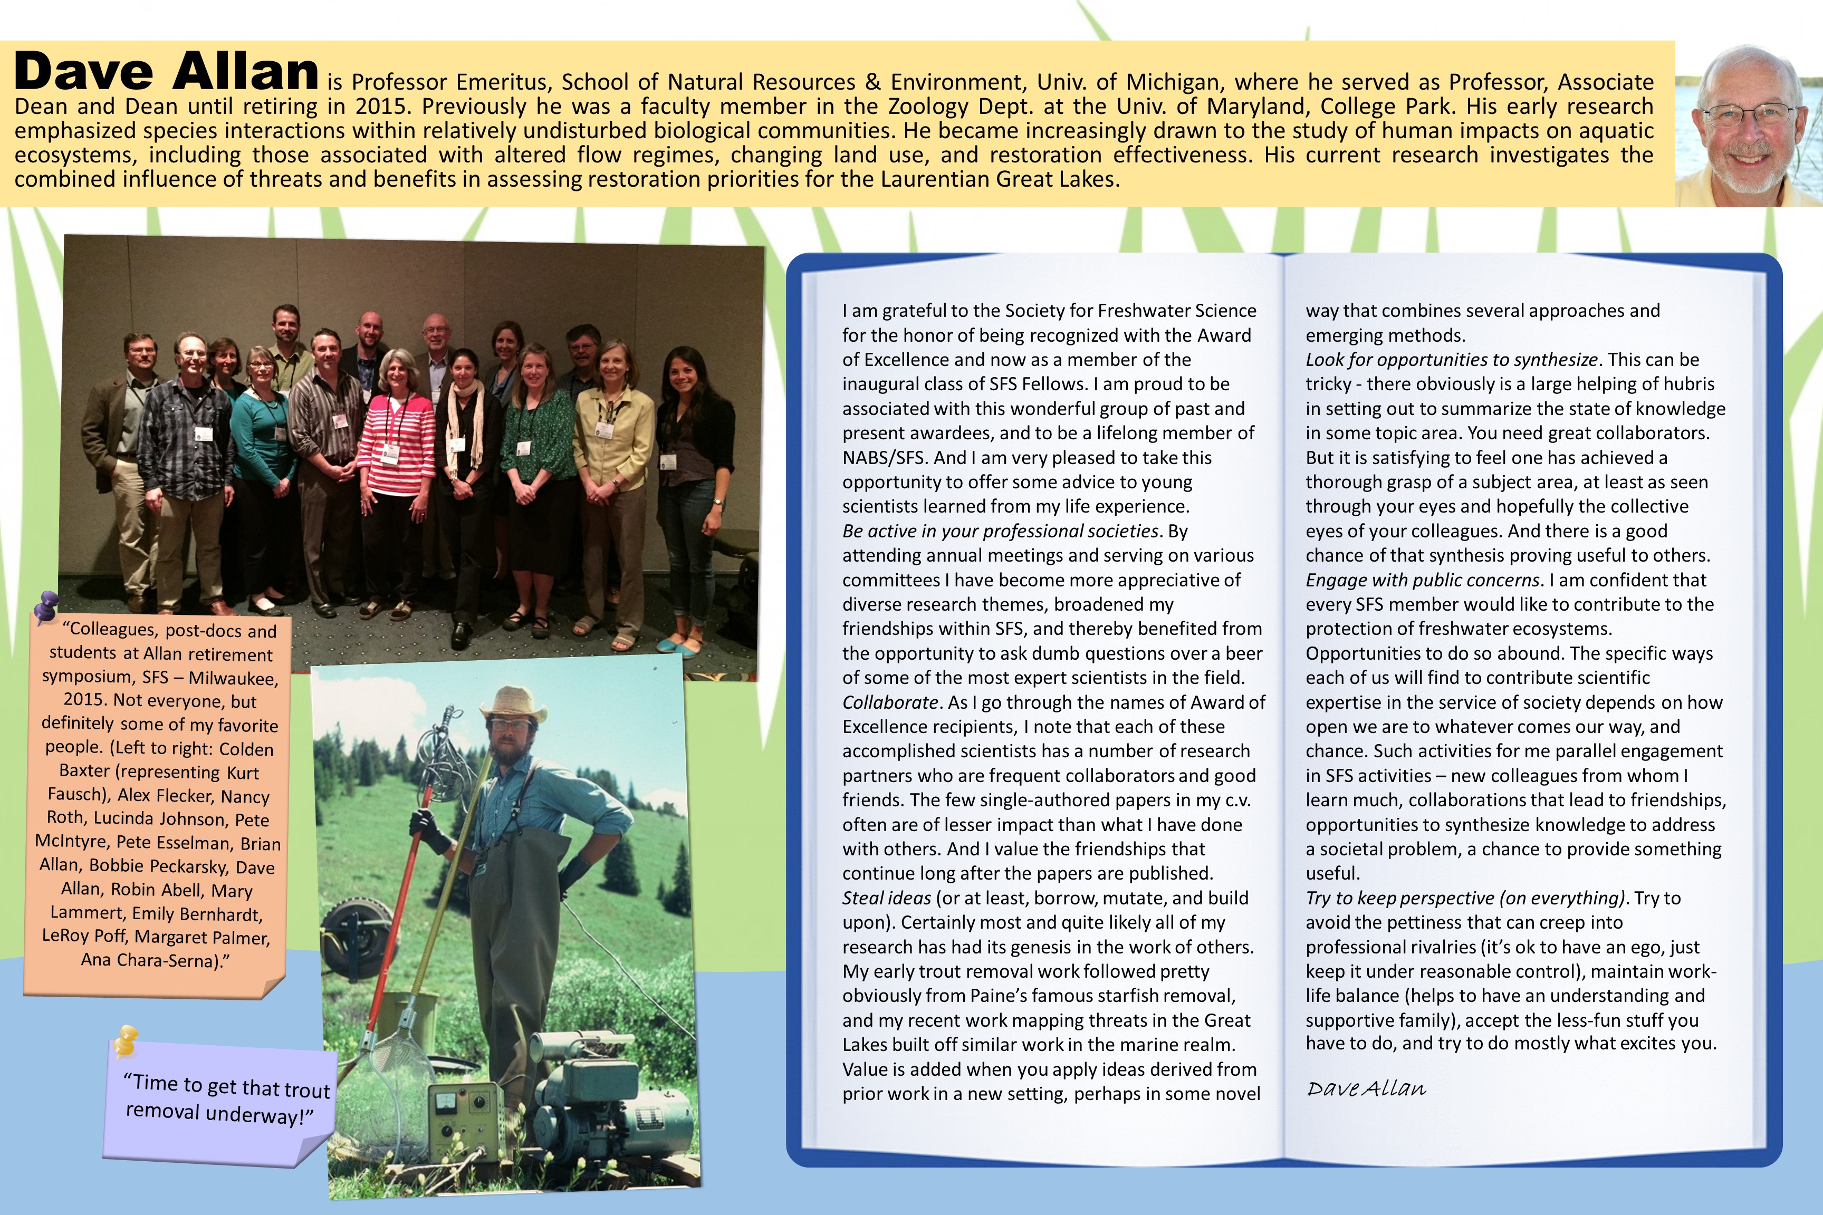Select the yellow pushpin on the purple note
[126, 1040]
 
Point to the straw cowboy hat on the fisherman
[512, 702]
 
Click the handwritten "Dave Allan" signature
[1366, 1088]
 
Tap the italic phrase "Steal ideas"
[886, 898]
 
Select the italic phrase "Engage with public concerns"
[1422, 580]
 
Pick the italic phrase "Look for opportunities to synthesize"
[1451, 360]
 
